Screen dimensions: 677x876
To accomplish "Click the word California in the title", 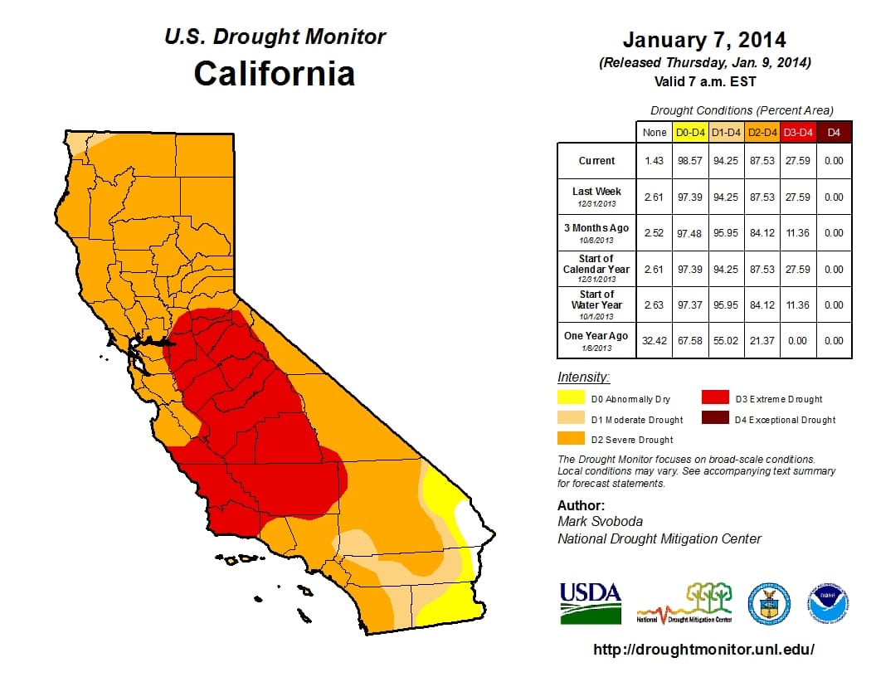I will coord(274,73).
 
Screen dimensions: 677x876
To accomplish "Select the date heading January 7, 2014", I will coord(704,40).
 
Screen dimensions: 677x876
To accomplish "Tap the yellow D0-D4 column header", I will coord(690,132).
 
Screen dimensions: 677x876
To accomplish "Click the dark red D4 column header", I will coord(834,132).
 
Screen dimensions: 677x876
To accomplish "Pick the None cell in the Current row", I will coord(654,161).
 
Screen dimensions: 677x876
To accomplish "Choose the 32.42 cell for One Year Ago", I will coord(654,341).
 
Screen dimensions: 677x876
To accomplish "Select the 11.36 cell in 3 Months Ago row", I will coord(798,233).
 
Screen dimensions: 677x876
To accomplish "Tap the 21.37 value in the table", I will coord(762,341).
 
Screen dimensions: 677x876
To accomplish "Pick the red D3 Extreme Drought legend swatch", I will coord(716,398).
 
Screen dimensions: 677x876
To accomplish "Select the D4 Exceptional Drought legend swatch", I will coord(716,419).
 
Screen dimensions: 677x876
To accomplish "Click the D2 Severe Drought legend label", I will coord(631,440).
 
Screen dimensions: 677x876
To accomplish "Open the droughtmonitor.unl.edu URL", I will coord(704,650).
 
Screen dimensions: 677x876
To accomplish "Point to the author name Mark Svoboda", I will coord(597,522).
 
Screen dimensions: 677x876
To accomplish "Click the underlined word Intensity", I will coord(583,377).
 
